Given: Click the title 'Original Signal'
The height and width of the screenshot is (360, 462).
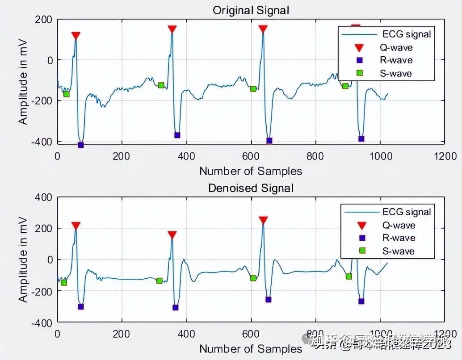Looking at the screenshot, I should pyautogui.click(x=251, y=10).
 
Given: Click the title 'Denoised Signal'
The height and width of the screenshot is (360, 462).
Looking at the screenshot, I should pyautogui.click(x=251, y=188).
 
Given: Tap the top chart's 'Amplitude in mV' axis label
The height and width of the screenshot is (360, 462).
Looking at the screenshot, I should pyautogui.click(x=23, y=81).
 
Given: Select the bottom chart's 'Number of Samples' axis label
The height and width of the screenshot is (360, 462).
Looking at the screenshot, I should pyautogui.click(x=251, y=348).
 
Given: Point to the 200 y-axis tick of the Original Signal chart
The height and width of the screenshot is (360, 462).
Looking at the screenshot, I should pyautogui.click(x=43, y=20).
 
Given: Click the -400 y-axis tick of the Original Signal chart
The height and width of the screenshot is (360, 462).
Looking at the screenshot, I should pyautogui.click(x=41, y=142).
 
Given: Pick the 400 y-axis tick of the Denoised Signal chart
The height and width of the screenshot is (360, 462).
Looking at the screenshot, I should pyautogui.click(x=43, y=197).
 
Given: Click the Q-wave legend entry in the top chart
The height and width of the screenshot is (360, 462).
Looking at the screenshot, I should pyautogui.click(x=397, y=47).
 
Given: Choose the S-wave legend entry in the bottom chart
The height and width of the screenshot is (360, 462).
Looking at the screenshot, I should pyautogui.click(x=398, y=251).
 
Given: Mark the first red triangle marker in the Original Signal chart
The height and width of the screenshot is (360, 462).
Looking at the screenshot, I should pyautogui.click(x=76, y=36).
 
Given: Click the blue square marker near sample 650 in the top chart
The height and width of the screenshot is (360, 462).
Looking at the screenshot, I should pyautogui.click(x=269, y=141).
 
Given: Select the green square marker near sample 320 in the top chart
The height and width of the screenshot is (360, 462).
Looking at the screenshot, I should pyautogui.click(x=161, y=85).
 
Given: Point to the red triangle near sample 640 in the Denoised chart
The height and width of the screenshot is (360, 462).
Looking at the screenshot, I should pyautogui.click(x=263, y=220).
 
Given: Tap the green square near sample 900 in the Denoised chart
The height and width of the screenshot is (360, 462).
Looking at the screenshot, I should pyautogui.click(x=349, y=276).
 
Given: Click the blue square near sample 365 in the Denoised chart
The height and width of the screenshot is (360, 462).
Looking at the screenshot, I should pyautogui.click(x=176, y=307).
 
